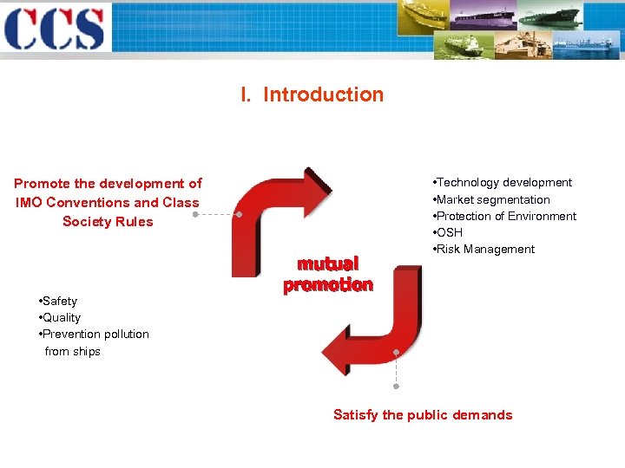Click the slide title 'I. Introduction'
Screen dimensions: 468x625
click(312, 94)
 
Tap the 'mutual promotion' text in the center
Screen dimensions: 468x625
click(328, 274)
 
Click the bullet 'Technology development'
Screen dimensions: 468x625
click(503, 183)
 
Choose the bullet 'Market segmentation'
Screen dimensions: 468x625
click(492, 199)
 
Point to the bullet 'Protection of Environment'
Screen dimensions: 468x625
click(505, 216)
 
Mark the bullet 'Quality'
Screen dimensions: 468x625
click(61, 317)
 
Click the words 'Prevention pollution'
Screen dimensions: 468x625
click(95, 334)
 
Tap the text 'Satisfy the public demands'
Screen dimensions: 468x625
click(423, 414)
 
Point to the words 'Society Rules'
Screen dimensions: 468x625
click(108, 221)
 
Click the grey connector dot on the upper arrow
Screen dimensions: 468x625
click(239, 212)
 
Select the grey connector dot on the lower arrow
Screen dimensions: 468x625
click(396, 352)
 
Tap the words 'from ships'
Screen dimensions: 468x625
click(73, 351)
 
